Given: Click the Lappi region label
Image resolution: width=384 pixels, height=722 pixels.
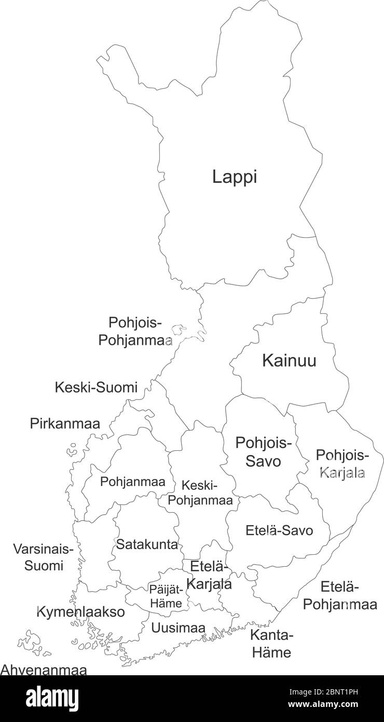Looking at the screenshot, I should coord(235,177).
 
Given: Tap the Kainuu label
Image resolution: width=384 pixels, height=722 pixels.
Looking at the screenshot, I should coord(289,360).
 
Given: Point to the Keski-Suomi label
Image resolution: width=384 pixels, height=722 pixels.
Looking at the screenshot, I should coord(96,387).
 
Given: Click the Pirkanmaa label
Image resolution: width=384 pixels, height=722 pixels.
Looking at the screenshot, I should coord(65,423).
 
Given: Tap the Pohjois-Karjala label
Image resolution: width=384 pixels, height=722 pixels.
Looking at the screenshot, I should coord(342,464).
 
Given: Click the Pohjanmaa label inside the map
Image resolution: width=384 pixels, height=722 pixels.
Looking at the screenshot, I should coord(133,482).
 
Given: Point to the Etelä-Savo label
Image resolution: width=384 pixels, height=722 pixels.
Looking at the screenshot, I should coord(279,531).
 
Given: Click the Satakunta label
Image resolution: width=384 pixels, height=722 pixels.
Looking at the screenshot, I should coord(147,544).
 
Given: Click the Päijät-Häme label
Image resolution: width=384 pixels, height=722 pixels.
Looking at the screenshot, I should coord(166,596).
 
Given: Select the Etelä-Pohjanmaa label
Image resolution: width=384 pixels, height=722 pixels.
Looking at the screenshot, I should coord(340,596).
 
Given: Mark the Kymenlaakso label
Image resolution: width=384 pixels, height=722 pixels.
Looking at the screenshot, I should coord(80,612).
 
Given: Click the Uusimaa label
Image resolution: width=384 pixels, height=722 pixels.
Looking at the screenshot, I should coord(178,628).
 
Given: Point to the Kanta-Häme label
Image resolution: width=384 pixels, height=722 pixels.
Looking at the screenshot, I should coord(272,643).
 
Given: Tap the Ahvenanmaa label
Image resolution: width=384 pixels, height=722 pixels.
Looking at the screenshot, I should coord(43,670).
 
